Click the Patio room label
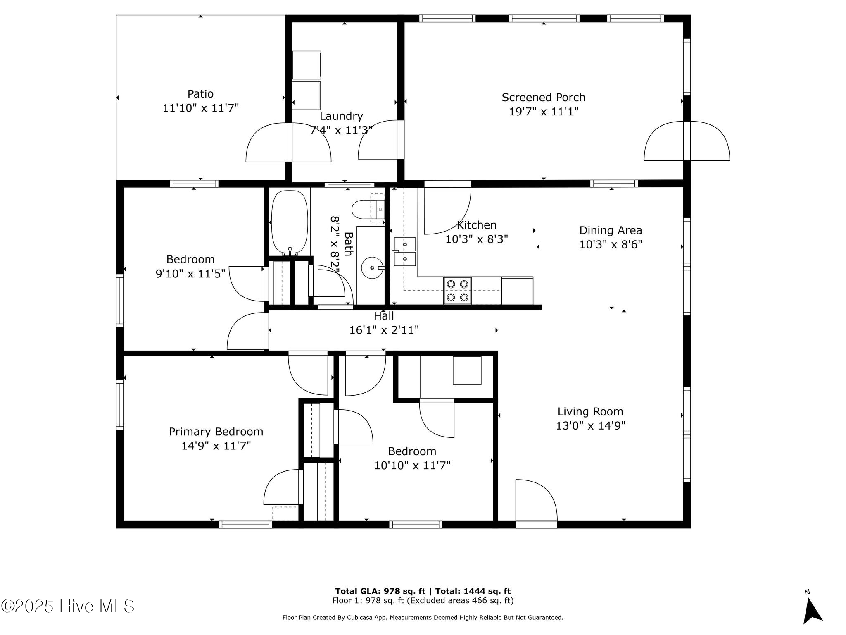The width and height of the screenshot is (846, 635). click(x=200, y=94)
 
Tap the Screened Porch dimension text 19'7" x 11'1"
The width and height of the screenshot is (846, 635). click(x=543, y=112)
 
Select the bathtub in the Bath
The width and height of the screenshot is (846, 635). click(x=290, y=222)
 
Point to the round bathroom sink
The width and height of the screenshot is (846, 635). click(x=372, y=267)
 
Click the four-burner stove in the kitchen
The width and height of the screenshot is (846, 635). click(x=457, y=290)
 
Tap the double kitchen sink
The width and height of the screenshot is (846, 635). click(x=405, y=251)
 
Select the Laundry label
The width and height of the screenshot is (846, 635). click(x=341, y=116)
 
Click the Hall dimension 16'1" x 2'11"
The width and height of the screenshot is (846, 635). click(x=384, y=330)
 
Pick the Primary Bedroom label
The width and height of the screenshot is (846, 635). click(x=216, y=432)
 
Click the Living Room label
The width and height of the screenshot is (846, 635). click(x=590, y=411)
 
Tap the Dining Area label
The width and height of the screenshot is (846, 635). click(x=610, y=230)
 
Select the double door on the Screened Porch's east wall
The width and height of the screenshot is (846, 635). click(x=687, y=141)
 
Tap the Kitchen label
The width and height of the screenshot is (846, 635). click(x=476, y=225)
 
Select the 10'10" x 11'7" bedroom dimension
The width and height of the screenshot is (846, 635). click(x=412, y=466)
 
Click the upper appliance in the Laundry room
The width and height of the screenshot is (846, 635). click(x=307, y=65)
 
